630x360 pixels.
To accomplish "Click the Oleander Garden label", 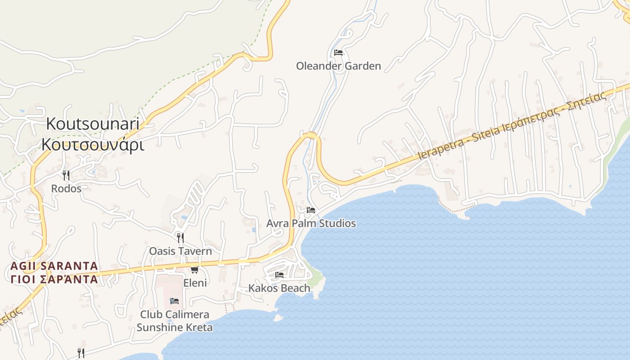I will pos(338,66).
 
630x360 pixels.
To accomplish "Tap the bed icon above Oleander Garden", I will pos(338,53).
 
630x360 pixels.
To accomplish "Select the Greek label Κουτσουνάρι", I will pos(93,144).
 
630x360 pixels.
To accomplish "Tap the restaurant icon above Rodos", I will pos(66,175).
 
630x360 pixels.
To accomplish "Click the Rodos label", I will pos(66,189).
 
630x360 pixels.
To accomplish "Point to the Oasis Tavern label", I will pos(180,251).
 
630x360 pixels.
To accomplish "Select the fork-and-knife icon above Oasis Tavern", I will pos(180,238).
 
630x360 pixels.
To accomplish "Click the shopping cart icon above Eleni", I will pos(194,270).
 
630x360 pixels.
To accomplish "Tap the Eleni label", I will pos(195,283).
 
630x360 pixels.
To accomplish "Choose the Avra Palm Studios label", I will pos(311,223).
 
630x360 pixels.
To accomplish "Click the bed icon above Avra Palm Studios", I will pos(311,210).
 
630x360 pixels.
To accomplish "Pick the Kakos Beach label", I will pos(279,288).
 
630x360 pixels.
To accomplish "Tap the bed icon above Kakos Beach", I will pos(279,274).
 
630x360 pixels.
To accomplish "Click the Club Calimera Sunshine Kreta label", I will pos(175,321).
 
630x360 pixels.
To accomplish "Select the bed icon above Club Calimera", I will pos(175,301).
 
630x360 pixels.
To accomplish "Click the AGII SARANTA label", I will pos(54,266).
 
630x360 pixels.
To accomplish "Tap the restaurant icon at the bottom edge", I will pos(81,352).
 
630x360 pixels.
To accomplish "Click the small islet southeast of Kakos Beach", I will pos(279,318).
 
